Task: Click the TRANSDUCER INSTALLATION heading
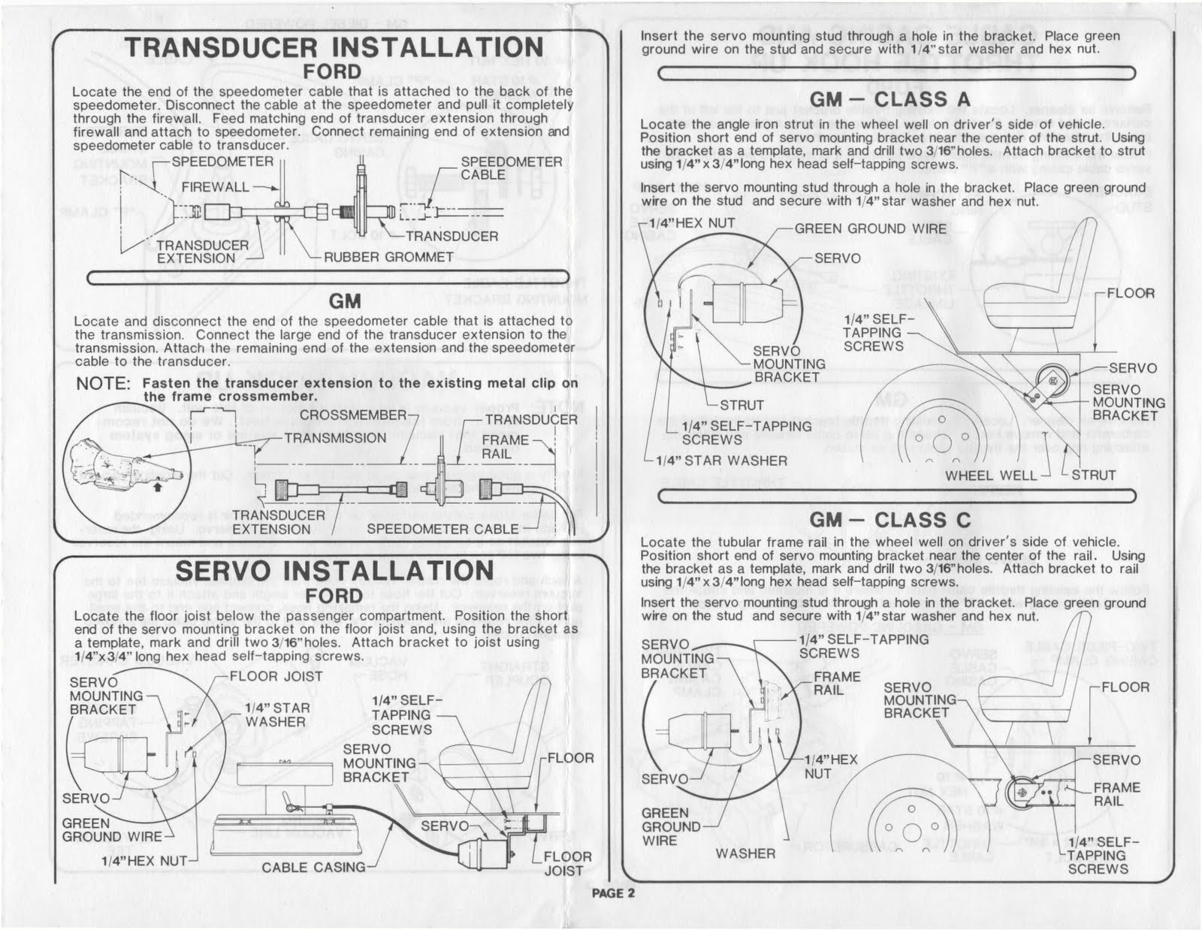334,47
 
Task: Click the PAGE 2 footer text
613,893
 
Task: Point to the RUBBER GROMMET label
388,257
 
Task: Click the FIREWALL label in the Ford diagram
214,186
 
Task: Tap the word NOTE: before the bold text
104,383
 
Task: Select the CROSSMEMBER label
352,415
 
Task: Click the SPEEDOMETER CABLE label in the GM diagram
442,529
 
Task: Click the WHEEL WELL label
991,475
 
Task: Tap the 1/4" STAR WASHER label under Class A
721,460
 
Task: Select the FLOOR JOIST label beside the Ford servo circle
276,676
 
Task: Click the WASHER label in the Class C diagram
745,853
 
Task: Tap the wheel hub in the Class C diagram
911,832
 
